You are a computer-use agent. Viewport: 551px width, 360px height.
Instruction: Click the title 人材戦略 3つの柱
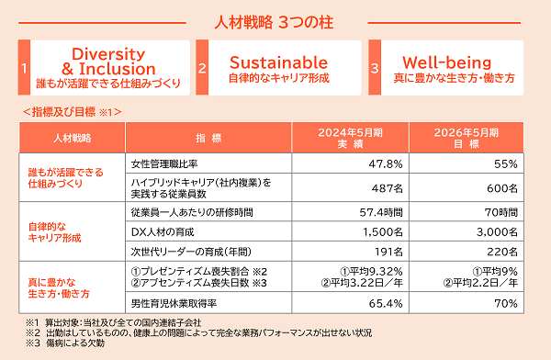click(x=274, y=22)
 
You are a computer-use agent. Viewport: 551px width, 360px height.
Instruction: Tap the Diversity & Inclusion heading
click(x=108, y=62)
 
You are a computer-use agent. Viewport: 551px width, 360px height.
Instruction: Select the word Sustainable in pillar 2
click(x=278, y=62)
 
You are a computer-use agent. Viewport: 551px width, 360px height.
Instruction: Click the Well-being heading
click(x=447, y=62)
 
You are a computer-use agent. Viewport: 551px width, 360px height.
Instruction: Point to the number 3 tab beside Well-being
click(x=375, y=68)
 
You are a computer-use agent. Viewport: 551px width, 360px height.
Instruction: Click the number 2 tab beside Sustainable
click(x=202, y=68)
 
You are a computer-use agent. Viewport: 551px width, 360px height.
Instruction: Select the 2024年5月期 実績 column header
click(x=351, y=138)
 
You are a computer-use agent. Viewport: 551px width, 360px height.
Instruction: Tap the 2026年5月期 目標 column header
click(x=467, y=138)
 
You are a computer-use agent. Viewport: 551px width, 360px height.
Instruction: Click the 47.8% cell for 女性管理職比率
click(x=386, y=163)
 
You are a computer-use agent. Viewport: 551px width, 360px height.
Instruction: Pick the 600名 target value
click(x=502, y=188)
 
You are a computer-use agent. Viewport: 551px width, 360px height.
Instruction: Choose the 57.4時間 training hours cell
click(x=381, y=212)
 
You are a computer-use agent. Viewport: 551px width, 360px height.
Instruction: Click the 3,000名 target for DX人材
click(x=497, y=232)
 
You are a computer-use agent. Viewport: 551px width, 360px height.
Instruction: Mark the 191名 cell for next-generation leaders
click(x=388, y=252)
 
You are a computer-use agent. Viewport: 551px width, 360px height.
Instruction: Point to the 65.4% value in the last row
click(x=386, y=303)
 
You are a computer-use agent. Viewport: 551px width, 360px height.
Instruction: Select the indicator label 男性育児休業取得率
click(x=174, y=303)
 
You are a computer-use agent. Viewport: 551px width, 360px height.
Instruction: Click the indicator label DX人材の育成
click(x=163, y=232)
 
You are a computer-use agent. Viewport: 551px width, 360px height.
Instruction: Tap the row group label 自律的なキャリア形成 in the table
click(x=54, y=232)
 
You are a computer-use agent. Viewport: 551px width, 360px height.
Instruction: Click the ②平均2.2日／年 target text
click(x=480, y=283)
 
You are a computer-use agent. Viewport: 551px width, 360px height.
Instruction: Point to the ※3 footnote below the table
click(x=65, y=343)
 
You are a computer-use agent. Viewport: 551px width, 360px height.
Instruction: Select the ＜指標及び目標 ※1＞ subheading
click(x=72, y=112)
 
